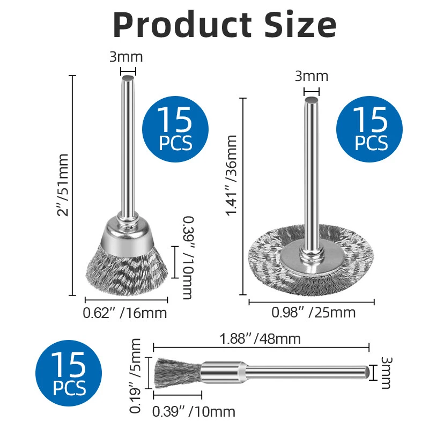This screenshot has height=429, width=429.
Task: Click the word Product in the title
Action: point(182,24)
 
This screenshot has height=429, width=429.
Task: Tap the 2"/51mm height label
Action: point(62,185)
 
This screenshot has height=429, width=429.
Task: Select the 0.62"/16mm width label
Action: point(125,313)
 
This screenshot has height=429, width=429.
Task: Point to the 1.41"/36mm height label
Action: point(231,175)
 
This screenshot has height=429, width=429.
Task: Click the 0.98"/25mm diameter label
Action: point(314,313)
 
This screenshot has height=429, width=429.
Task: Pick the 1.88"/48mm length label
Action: point(260,339)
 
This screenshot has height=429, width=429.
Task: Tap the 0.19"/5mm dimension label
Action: point(135,376)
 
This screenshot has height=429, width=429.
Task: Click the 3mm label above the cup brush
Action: point(126,57)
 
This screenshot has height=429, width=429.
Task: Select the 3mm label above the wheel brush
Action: point(312,76)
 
